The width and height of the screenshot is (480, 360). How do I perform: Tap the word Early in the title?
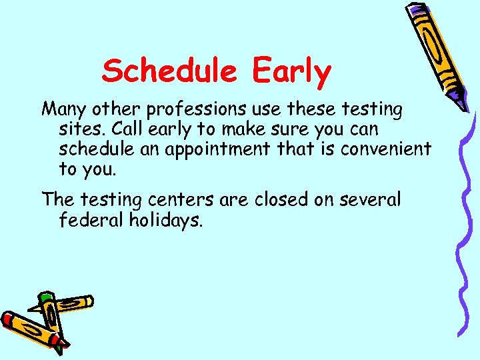point(291,71)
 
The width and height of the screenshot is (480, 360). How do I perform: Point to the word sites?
point(79,128)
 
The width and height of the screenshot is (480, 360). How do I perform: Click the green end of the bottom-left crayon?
point(45,297)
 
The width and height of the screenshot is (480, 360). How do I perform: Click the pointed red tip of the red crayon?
point(64,347)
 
